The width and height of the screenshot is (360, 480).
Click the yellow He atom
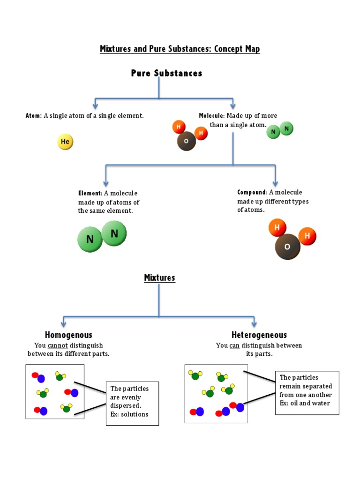click(x=65, y=142)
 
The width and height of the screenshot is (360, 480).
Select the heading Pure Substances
click(x=166, y=73)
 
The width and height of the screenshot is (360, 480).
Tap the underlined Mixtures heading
click(x=159, y=278)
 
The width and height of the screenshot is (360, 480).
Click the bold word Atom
click(x=33, y=116)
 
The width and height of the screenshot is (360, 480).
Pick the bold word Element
click(x=90, y=193)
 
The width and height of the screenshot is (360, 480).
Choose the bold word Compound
click(x=252, y=192)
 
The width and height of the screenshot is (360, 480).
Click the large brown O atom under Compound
click(x=287, y=247)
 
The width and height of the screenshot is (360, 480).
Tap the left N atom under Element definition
click(x=90, y=240)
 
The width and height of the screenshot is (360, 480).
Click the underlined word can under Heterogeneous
click(x=234, y=345)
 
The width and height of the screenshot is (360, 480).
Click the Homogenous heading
click(x=68, y=335)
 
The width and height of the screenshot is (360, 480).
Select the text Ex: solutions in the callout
click(x=129, y=414)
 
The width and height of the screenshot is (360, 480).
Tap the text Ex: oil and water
click(x=305, y=403)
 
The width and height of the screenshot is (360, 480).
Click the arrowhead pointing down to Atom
click(x=95, y=106)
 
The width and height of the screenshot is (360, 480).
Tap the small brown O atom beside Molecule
click(x=186, y=141)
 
